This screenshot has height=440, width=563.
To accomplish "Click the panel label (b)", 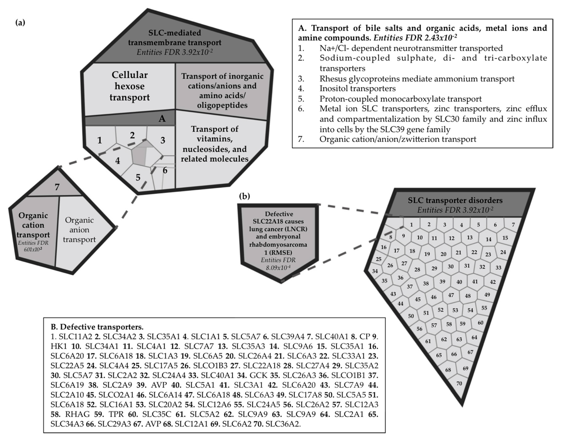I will tap(244, 196).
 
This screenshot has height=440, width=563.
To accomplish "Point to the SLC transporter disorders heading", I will tap(455, 200).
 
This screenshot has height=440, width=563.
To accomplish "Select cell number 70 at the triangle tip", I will tap(459, 383).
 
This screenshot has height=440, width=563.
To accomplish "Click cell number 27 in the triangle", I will tap(404, 263).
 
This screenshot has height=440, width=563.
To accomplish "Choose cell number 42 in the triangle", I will tap(493, 282).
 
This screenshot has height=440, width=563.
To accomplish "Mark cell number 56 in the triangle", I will tap(419, 329).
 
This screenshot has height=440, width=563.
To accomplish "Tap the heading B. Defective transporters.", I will tap(97, 327).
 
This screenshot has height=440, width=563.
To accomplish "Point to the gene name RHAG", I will tap(77, 414).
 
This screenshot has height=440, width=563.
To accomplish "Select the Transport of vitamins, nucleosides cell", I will tap(214, 144).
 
